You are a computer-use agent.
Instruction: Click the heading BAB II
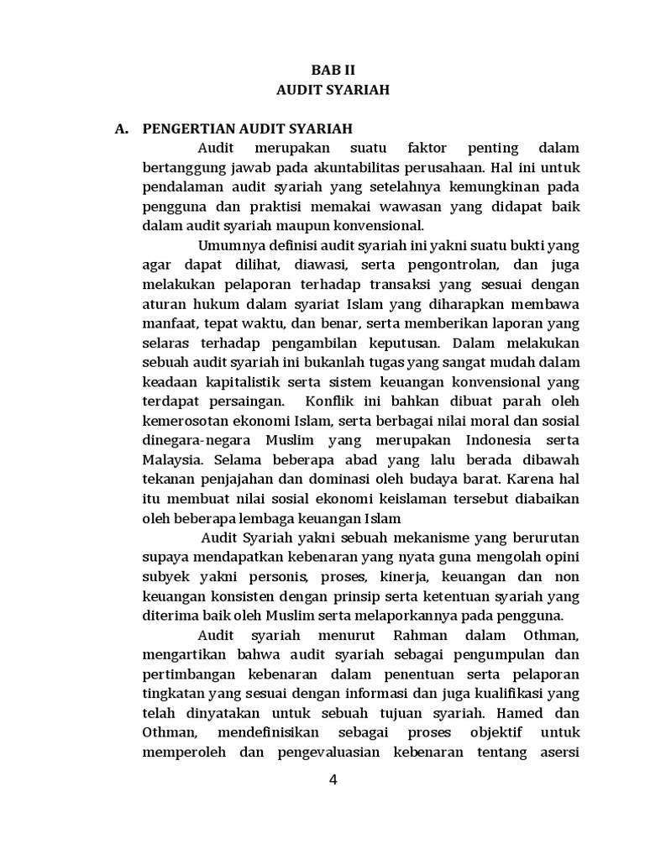(x=333, y=70)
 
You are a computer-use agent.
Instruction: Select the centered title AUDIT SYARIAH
(x=333, y=90)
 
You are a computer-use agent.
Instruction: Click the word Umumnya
(x=228, y=245)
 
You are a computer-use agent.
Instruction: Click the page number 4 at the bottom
(x=333, y=780)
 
